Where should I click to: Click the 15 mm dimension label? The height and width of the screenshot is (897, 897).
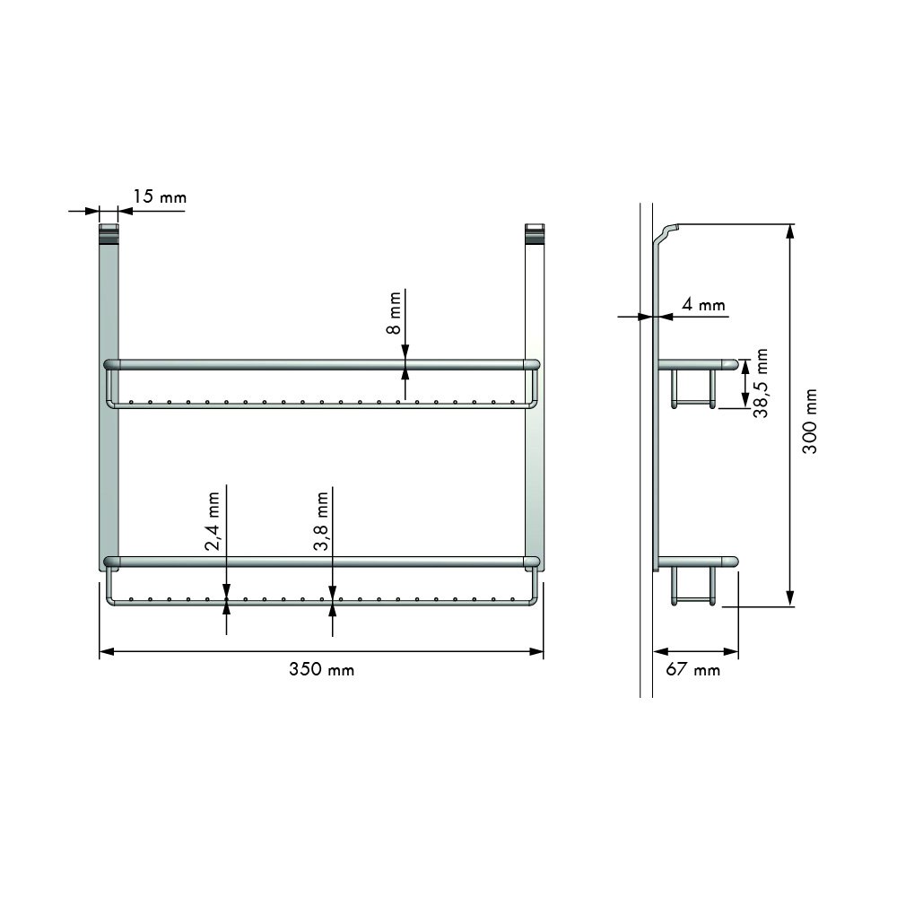point(160,196)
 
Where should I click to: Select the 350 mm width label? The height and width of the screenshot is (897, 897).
point(321,669)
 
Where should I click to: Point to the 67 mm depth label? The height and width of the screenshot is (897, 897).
point(693,670)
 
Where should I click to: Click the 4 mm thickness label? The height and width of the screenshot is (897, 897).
point(702,305)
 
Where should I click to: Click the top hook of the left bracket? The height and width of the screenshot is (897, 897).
point(108,233)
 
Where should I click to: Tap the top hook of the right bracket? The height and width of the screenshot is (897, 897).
point(534,233)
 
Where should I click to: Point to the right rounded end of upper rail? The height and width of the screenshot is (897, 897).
point(534,364)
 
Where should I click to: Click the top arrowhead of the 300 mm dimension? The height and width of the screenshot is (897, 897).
point(789,231)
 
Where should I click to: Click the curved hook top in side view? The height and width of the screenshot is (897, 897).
point(668,231)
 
